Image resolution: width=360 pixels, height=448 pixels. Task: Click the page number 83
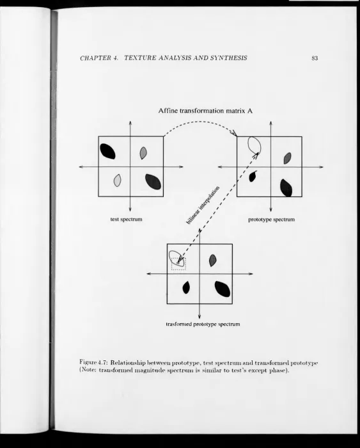click(315, 58)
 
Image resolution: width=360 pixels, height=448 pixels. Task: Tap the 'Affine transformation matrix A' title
click(205, 111)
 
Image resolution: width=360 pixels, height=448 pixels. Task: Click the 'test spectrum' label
click(126, 220)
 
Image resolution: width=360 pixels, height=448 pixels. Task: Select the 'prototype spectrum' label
click(271, 220)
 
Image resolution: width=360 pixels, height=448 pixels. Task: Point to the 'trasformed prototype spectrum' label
click(203, 324)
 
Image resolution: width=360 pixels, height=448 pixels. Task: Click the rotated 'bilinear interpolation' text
click(203, 205)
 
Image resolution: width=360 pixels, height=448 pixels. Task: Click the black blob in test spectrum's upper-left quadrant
click(107, 151)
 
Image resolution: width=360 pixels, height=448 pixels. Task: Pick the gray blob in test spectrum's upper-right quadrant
click(143, 153)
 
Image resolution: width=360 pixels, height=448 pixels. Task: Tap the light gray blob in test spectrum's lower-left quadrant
click(117, 180)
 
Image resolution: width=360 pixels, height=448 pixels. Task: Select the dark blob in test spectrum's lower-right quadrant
click(153, 181)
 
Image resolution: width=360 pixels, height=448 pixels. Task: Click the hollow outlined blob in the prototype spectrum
click(248, 143)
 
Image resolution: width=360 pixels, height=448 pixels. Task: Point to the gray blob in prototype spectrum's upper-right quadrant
click(288, 158)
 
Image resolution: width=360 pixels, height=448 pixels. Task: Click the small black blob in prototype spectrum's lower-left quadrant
click(253, 176)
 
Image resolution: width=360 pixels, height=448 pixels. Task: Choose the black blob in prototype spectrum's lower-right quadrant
click(286, 188)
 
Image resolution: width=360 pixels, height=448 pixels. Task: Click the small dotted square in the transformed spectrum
click(178, 264)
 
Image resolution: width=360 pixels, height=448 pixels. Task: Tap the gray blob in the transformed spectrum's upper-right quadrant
click(213, 260)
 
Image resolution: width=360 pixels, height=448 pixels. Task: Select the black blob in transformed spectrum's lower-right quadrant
click(223, 289)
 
